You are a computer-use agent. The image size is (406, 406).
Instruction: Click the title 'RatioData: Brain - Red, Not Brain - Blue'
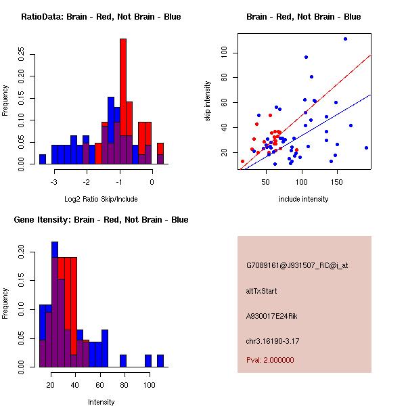[101, 17]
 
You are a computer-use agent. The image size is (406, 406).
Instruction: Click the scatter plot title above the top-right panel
[303, 17]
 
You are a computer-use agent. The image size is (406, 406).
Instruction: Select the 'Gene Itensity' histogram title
[101, 220]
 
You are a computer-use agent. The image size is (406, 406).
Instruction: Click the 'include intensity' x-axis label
[303, 200]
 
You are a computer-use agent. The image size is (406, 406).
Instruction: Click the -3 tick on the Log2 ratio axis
[54, 182]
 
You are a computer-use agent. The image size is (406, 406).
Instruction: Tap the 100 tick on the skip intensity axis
[223, 53]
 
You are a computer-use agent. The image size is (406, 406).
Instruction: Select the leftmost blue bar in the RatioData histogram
[42, 160]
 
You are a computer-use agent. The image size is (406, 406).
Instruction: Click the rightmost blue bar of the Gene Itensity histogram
[160, 361]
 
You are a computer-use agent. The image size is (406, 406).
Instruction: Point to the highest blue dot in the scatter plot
[345, 39]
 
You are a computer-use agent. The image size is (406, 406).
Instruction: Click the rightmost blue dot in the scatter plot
[366, 148]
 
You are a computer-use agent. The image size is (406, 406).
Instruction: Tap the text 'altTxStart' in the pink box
[261, 292]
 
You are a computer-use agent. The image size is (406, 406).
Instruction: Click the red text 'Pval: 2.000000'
[270, 360]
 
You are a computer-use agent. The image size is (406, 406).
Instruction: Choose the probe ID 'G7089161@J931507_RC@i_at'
[296, 266]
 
